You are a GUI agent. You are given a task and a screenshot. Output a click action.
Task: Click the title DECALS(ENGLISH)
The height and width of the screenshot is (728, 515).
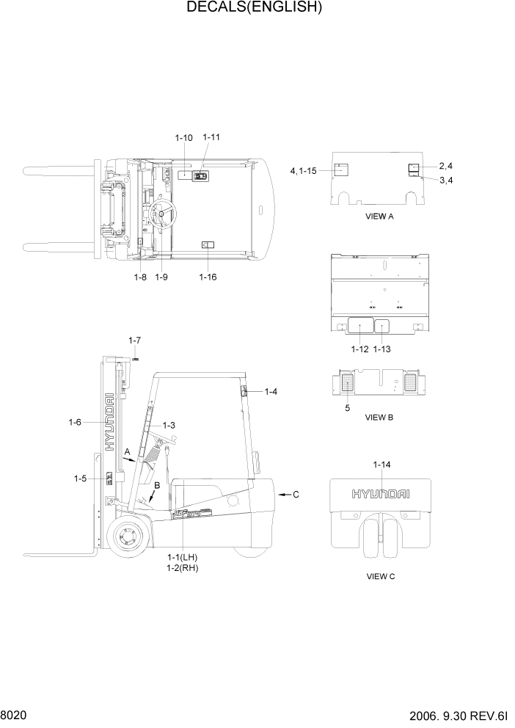pos(255,8)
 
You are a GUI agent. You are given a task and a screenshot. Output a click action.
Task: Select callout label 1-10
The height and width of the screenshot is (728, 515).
pos(184,138)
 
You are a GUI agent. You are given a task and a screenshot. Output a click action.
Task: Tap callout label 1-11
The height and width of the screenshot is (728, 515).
pos(211,137)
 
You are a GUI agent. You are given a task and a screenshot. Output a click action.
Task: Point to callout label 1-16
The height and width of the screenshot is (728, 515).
pos(208,277)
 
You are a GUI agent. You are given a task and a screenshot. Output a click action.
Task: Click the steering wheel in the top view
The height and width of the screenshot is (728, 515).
pos(163,214)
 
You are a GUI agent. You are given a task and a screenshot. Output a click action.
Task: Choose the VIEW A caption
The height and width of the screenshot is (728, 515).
pos(380,217)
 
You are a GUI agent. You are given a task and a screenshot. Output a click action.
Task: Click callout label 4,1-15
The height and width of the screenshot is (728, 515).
pos(303,171)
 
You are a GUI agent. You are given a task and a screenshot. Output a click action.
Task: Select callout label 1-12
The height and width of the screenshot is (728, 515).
pos(359,349)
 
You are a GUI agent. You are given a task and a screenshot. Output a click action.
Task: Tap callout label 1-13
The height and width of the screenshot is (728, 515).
pos(382,349)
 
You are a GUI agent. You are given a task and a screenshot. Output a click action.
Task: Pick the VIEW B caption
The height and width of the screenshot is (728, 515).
pos(380,418)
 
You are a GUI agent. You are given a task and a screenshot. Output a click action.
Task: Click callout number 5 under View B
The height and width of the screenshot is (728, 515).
pos(347,408)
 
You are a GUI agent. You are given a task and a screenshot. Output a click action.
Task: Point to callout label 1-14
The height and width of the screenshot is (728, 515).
pos(381,465)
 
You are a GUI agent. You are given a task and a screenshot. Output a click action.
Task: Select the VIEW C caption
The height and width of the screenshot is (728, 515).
pos(381,577)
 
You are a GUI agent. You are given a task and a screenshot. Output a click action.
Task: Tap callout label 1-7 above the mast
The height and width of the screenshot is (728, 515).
pos(134,341)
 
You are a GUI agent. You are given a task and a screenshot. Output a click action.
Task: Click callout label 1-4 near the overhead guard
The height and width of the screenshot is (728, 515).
pos(271,392)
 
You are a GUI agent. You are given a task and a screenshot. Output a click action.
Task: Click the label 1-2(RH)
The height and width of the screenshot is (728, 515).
pos(183,568)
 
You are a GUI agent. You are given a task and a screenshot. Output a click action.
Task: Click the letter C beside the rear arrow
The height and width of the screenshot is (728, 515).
pos(296,495)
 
